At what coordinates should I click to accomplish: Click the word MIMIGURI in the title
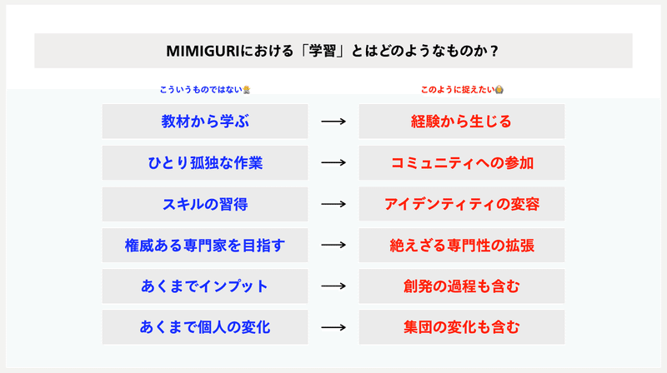[x=203, y=52]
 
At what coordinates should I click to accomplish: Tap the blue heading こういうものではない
[x=201, y=90]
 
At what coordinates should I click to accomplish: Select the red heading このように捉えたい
[x=458, y=90]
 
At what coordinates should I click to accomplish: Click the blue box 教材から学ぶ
[x=205, y=122]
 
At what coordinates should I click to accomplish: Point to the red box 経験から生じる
[x=462, y=122]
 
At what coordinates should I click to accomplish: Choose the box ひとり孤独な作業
[x=205, y=162]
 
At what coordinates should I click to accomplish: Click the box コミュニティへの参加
[x=462, y=162]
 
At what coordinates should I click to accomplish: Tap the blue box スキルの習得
[x=205, y=204]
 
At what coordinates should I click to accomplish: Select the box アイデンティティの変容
[x=462, y=204]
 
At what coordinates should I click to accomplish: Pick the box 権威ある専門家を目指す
[x=205, y=245]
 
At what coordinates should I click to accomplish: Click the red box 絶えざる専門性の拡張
[x=462, y=245]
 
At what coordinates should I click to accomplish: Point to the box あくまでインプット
[x=205, y=286]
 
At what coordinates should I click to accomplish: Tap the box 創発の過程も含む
[x=462, y=286]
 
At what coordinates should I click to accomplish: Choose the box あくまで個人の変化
[x=205, y=327]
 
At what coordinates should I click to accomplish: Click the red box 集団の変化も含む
[x=462, y=327]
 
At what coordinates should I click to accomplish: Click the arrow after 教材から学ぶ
[x=333, y=122]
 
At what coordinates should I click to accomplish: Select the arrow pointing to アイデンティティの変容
[x=333, y=204]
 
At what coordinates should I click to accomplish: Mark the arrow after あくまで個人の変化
[x=333, y=327]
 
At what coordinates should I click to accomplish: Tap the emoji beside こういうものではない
[x=247, y=90]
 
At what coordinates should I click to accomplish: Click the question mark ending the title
[x=494, y=52]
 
